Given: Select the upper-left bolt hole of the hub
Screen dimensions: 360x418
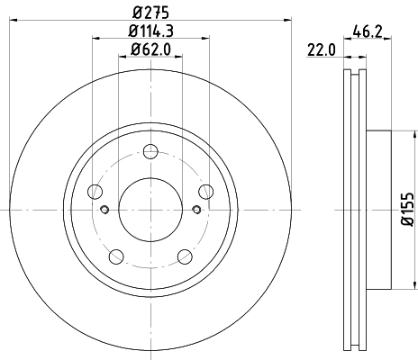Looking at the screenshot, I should click(95, 191).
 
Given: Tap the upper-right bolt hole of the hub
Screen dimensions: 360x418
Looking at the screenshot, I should click(206, 191).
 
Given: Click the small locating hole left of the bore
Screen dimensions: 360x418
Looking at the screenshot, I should click(104, 211).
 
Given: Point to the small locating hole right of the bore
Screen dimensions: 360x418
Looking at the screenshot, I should click(197, 211).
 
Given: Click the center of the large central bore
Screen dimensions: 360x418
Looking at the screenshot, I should click(150, 211).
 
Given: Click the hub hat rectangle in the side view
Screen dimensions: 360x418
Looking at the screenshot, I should click(378, 211).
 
